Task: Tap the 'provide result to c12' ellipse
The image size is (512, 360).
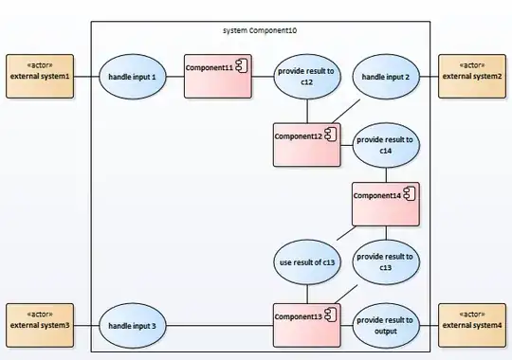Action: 307,76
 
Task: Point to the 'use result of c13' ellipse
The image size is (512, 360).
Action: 307,261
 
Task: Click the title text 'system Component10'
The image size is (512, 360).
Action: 260,31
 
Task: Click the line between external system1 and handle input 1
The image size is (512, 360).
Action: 85,76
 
